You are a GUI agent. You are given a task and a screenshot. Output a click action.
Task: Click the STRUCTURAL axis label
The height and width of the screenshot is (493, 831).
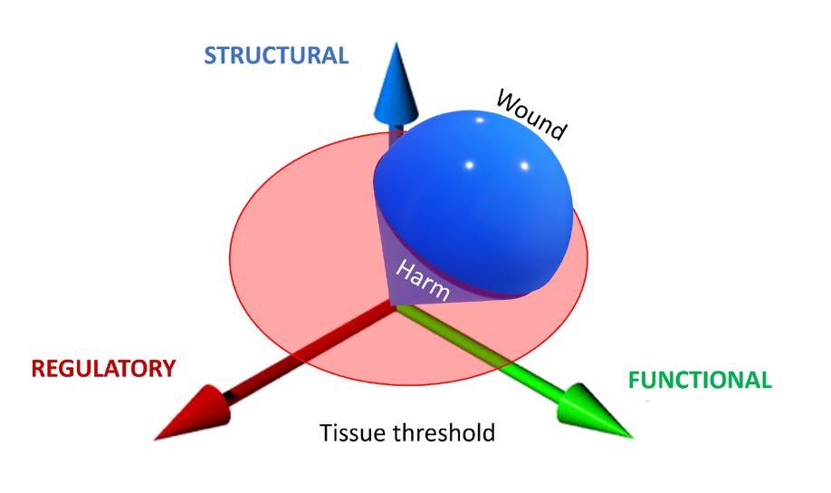[276, 55]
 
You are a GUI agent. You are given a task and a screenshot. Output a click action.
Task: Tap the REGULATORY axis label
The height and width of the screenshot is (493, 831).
[103, 368]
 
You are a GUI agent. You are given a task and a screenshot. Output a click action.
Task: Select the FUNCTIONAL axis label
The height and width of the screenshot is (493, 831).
[700, 380]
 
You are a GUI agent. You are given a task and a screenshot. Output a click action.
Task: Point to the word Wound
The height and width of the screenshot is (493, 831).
[531, 114]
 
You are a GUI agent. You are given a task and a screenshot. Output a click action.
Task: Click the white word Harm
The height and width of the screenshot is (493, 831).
[423, 280]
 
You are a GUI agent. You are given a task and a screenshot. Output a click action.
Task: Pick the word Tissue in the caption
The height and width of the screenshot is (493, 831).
[351, 432]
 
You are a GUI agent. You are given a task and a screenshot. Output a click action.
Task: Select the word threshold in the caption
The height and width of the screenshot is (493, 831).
[444, 432]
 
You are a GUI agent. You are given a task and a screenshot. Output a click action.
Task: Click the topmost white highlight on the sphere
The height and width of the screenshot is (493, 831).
[480, 120]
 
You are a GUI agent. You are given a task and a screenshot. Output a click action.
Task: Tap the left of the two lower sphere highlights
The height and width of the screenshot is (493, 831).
[469, 165]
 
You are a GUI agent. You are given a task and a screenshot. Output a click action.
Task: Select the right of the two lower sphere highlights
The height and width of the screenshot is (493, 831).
[524, 166]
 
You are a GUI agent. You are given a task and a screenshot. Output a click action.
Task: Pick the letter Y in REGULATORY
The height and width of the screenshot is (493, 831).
[168, 368]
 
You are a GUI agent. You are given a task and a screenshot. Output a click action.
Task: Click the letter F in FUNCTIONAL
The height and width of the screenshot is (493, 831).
[634, 380]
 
